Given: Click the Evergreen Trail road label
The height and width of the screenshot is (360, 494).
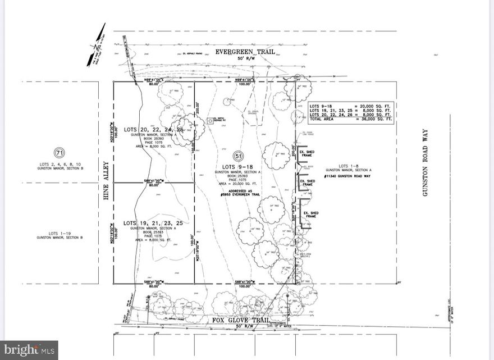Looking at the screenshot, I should tap(245, 52).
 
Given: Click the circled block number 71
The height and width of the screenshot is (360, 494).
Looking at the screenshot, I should tap(58, 152).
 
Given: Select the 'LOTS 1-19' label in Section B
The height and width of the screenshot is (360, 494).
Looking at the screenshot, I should tap(60, 233).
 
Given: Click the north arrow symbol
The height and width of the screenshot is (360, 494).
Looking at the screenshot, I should tap(99, 38).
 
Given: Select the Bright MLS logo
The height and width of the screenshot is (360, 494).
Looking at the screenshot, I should tap(29, 350).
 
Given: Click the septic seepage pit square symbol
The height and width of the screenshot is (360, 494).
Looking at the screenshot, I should tap(209, 120).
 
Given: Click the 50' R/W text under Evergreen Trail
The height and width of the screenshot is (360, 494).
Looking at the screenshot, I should tap(245, 58).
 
